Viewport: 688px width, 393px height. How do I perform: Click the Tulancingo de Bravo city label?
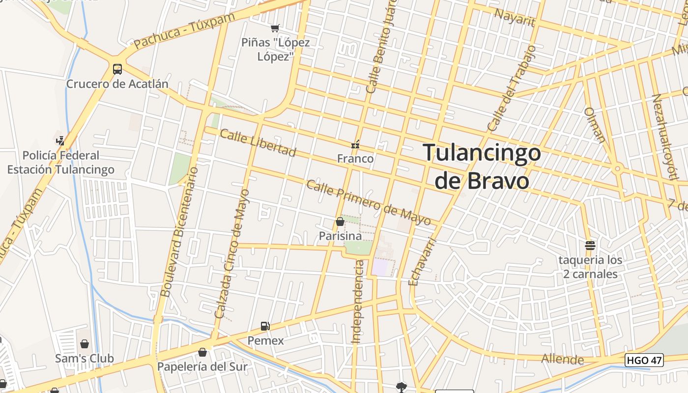pyautogui.click(x=482, y=167)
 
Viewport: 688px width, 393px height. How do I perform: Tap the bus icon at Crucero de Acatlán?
pyautogui.click(x=117, y=69)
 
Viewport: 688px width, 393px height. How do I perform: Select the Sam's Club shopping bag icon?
pyautogui.click(x=85, y=343)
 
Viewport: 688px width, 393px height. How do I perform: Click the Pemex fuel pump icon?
pyautogui.click(x=265, y=326)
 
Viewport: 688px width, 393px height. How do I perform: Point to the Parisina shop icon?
pyautogui.click(x=340, y=222)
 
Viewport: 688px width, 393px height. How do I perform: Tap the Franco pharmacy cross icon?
pyautogui.click(x=355, y=145)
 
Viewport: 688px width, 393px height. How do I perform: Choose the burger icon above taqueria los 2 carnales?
pyautogui.click(x=590, y=245)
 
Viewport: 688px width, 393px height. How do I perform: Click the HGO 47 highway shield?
pyautogui.click(x=644, y=360)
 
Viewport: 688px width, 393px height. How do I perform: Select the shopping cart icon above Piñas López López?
pyautogui.click(x=275, y=28)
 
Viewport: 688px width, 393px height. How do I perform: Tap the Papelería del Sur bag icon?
pyautogui.click(x=202, y=352)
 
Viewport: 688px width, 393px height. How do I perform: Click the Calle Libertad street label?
pyautogui.click(x=258, y=143)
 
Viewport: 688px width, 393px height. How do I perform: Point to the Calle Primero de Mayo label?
pyautogui.click(x=369, y=202)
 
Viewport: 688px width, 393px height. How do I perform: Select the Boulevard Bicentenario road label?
pyautogui.click(x=179, y=232)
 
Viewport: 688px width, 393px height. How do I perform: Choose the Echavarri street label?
pyautogui.click(x=422, y=262)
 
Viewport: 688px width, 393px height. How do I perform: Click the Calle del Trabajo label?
pyautogui.click(x=511, y=88)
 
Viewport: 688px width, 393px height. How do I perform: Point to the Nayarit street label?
pyautogui.click(x=515, y=18)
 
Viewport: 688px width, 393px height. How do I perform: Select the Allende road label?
pyautogui.click(x=562, y=359)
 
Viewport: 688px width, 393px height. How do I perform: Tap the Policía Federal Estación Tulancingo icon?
pyautogui.click(x=60, y=140)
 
